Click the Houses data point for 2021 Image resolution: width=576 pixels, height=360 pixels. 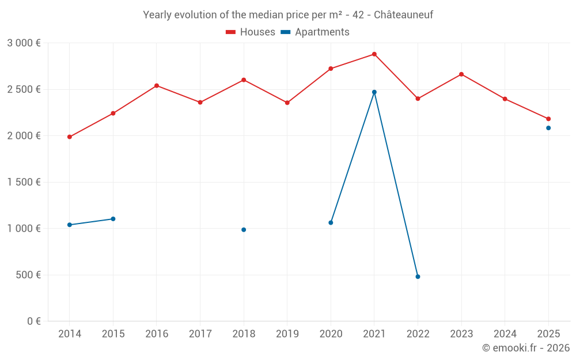tap(374, 54)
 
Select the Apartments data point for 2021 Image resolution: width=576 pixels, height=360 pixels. tap(374, 92)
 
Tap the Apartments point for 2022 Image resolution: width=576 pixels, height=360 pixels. tap(418, 276)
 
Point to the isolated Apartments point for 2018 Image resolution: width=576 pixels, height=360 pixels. tap(244, 230)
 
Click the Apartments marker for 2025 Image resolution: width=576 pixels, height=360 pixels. tap(548, 128)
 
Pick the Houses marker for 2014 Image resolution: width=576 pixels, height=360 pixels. tap(70, 137)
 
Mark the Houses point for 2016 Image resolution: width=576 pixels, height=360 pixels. tap(157, 86)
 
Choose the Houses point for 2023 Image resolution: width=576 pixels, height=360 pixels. tap(461, 74)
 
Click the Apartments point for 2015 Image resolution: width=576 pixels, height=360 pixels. tap(113, 219)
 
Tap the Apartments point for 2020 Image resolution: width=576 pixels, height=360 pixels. tap(331, 222)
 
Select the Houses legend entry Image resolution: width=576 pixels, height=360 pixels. tap(251, 32)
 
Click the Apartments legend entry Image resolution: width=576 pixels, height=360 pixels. tap(315, 32)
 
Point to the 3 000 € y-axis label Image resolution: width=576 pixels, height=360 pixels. tap(24, 43)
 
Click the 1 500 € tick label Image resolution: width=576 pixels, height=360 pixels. tap(24, 183)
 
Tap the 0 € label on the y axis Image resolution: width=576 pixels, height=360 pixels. tap(33, 321)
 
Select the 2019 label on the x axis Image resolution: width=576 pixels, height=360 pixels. tap(287, 334)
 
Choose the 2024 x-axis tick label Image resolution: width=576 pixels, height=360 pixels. tap(505, 334)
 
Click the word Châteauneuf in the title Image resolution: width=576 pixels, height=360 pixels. tap(403, 15)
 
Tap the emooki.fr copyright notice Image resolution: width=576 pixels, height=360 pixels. tap(525, 348)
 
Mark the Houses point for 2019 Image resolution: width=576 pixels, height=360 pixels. tap(287, 103)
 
